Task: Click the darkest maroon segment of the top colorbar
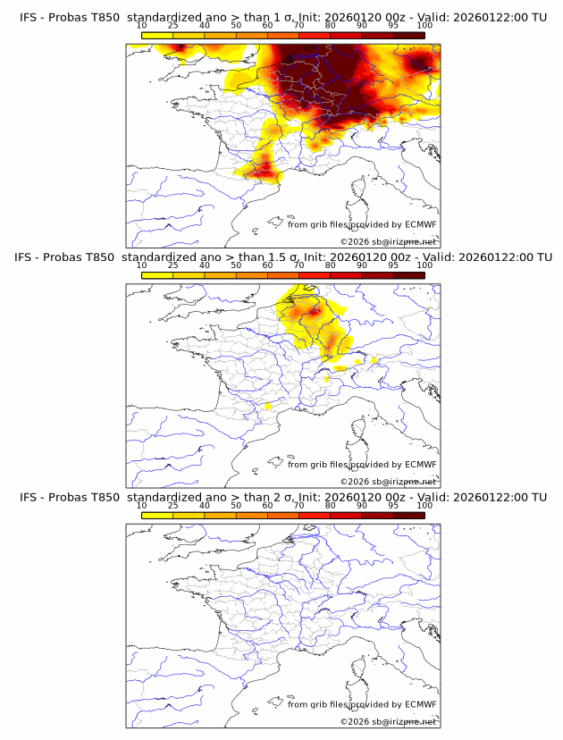408,35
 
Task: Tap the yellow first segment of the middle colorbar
157,275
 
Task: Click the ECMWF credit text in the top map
362,224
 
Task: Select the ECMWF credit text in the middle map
362,465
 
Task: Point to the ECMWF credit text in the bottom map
362,704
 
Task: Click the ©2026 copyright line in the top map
388,241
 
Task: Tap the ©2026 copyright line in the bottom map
388,721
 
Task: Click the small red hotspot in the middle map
313,310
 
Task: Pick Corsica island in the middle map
358,429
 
